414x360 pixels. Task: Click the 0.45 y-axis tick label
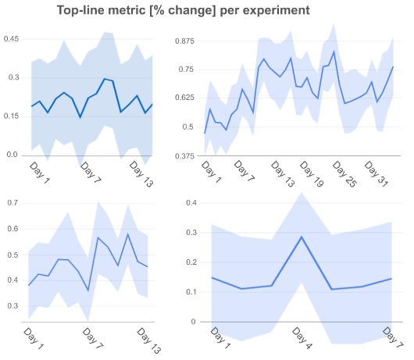click(12, 39)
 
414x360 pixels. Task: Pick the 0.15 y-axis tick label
click(12, 116)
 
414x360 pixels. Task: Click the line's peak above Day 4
click(302, 237)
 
